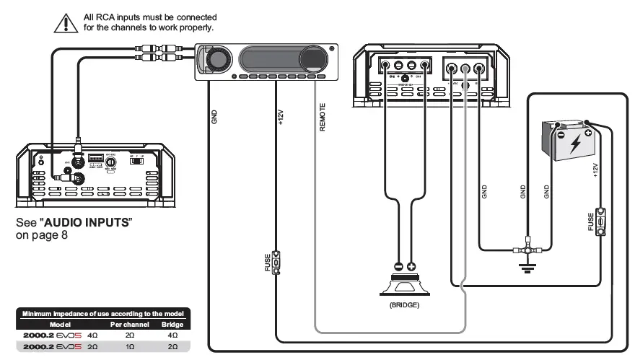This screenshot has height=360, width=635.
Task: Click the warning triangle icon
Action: pyautogui.click(x=66, y=22)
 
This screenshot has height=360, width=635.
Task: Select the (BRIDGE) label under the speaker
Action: pyautogui.click(x=404, y=305)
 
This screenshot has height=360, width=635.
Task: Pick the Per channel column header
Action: pyautogui.click(x=128, y=325)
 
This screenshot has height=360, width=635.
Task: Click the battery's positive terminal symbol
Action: pyautogui.click(x=589, y=133)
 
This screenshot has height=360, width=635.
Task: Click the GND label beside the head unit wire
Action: pyautogui.click(x=214, y=118)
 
